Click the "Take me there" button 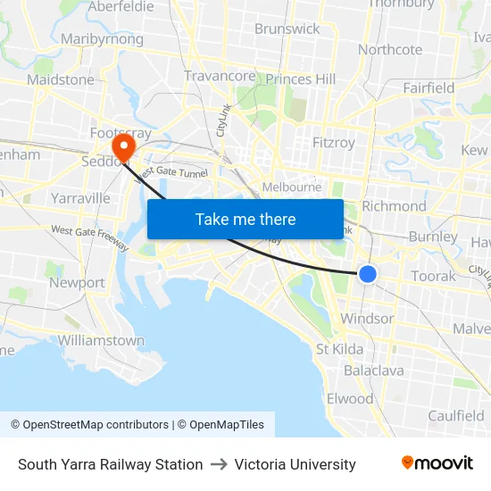click(x=245, y=219)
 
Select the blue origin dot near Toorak click(x=367, y=275)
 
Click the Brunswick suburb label click(x=287, y=29)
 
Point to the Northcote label click(x=390, y=49)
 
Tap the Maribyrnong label click(x=102, y=39)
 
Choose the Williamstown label click(x=101, y=340)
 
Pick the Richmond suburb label click(x=394, y=205)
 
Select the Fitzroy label click(x=334, y=142)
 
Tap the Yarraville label click(x=80, y=197)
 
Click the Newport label click(x=77, y=282)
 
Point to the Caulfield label click(x=455, y=415)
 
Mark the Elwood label click(x=350, y=398)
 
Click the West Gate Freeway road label click(x=89, y=238)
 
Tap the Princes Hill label click(x=301, y=79)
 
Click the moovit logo click(x=437, y=463)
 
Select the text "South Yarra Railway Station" click(x=110, y=464)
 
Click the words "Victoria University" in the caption click(x=295, y=464)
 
